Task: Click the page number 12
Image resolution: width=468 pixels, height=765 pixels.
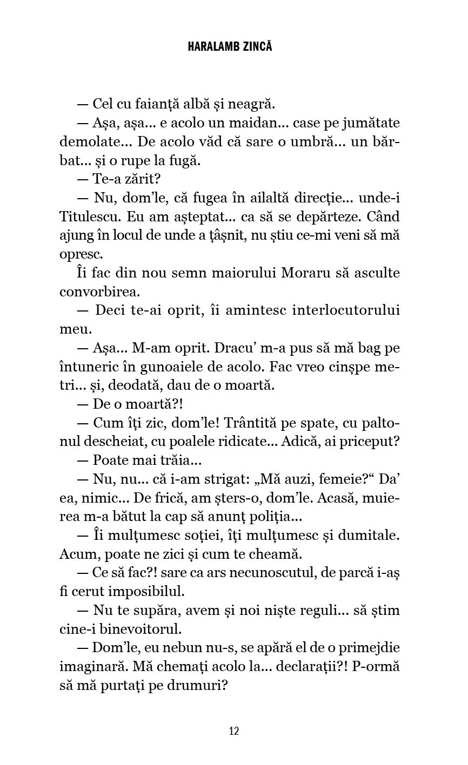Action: tap(234, 731)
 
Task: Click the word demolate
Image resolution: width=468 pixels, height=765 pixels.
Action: tap(92, 141)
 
